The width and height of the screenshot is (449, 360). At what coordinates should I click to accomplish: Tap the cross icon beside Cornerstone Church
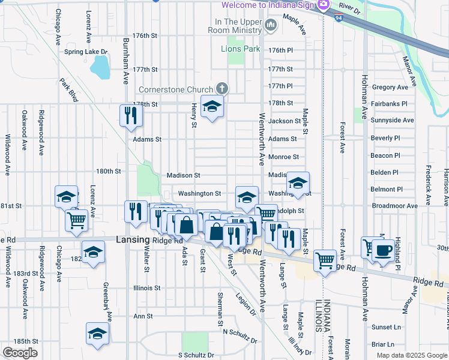coord(222,89)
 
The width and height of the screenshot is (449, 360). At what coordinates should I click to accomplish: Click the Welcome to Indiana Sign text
coord(268,5)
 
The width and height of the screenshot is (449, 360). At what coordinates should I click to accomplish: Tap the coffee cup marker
coord(383,250)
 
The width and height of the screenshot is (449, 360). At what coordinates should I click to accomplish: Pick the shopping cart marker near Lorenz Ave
coord(77,220)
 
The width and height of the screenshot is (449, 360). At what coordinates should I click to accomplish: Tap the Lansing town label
coord(131,240)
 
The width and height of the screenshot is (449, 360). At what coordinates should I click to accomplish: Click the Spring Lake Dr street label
coord(85,52)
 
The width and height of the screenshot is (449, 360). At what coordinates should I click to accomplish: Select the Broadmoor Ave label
coord(394,206)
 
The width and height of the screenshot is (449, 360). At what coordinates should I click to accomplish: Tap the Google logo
coord(20,353)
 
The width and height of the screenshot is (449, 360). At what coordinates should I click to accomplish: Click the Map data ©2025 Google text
coord(412,355)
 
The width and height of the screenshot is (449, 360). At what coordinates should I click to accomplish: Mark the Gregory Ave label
coord(390,87)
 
